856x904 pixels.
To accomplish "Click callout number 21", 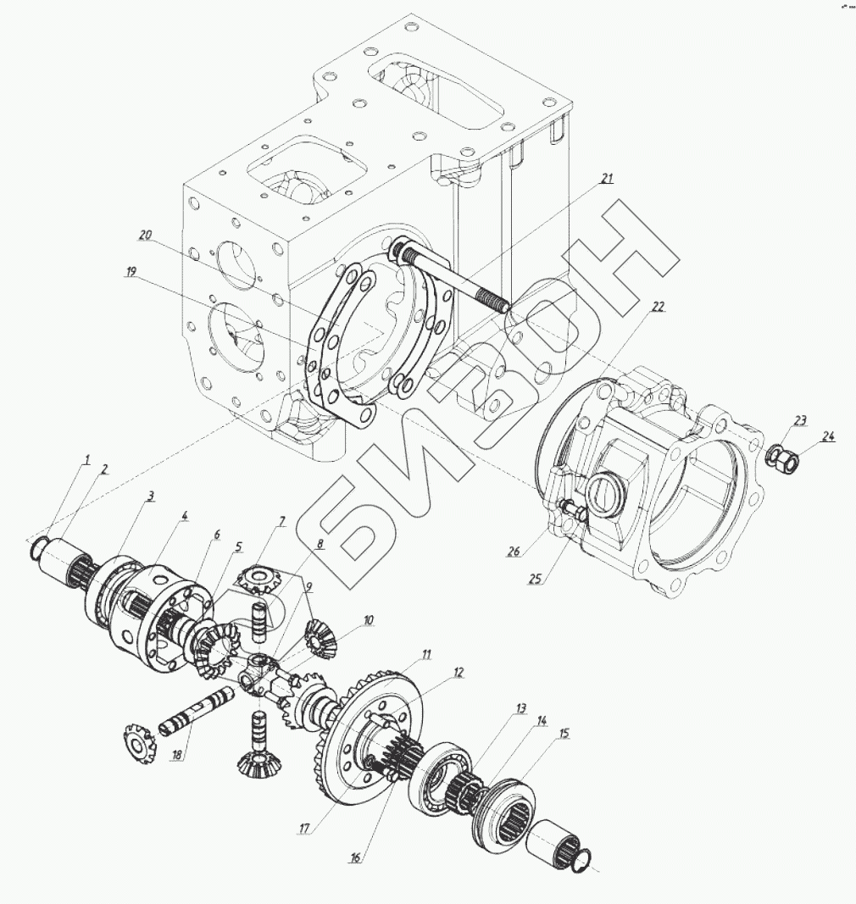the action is coord(607,178).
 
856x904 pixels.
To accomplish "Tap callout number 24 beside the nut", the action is coord(827,437).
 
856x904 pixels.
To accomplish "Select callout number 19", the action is coord(131,273).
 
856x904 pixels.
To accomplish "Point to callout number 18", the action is coord(176,754).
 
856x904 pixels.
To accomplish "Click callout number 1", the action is coord(86,460).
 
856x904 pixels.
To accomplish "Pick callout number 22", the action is coord(657,308).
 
